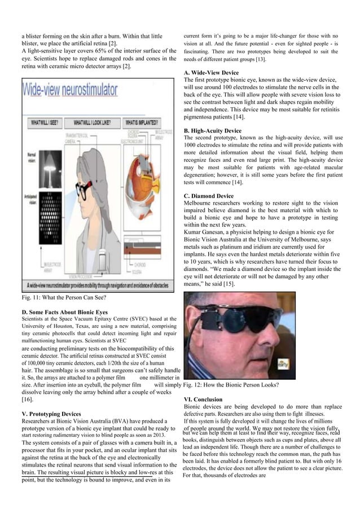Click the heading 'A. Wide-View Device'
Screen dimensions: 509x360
(212, 73)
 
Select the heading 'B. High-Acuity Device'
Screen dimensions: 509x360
(213, 131)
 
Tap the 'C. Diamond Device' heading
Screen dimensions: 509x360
(209, 196)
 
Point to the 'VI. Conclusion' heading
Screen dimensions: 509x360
(203, 400)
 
